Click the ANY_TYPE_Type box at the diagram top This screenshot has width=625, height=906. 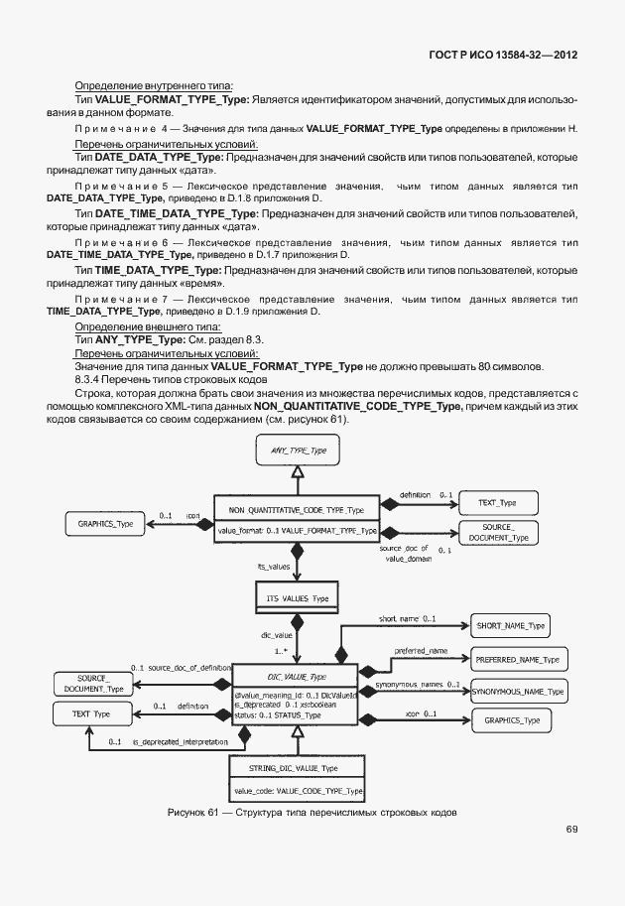pyautogui.click(x=299, y=452)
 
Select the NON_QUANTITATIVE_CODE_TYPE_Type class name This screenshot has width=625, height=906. pyautogui.click(x=297, y=509)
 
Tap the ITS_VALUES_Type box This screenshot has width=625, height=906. pyautogui.click(x=298, y=598)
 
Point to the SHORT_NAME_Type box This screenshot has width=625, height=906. pyautogui.click(x=509, y=625)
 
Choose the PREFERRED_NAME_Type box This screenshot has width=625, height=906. pyautogui.click(x=517, y=659)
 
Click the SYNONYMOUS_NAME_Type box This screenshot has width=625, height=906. pyautogui.click(x=517, y=691)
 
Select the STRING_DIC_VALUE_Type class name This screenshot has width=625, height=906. pyautogui.click(x=297, y=768)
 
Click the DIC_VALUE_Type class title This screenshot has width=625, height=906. pyautogui.click(x=297, y=677)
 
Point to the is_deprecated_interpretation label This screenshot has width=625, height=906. pyautogui.click(x=177, y=741)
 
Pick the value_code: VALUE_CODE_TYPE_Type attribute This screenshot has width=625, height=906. pyautogui.click(x=297, y=790)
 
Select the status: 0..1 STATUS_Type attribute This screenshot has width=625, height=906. pyautogui.click(x=277, y=714)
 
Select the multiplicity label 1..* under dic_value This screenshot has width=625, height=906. pyautogui.click(x=280, y=650)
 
